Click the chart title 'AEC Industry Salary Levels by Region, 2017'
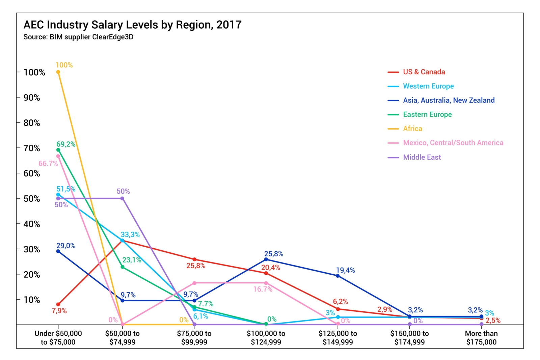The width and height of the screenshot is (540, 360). [132, 25]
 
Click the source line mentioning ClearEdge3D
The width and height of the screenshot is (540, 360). [78, 37]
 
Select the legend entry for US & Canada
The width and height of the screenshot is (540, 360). [424, 72]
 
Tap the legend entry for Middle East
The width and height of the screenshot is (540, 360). [422, 157]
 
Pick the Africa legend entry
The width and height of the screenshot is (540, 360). [412, 129]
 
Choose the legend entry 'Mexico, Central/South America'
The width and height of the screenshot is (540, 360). [453, 143]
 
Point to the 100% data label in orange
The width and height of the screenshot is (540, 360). [64, 65]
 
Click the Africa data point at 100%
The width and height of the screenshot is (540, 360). [58, 72]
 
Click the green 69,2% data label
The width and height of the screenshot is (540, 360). [66, 144]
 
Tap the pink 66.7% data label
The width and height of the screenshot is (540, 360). [48, 164]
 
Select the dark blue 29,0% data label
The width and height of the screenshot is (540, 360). [66, 246]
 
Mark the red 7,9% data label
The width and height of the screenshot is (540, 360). [59, 311]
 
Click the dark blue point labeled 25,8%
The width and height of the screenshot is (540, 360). [266, 259]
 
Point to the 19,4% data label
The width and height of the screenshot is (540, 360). [345, 270]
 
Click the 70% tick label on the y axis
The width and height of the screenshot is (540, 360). [31, 148]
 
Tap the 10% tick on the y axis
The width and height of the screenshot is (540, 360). [31, 300]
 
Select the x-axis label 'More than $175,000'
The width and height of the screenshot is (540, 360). [481, 338]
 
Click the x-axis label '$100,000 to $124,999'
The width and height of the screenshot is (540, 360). [266, 338]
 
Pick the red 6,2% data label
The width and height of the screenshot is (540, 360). [340, 302]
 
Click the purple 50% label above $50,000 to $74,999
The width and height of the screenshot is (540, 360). [123, 191]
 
